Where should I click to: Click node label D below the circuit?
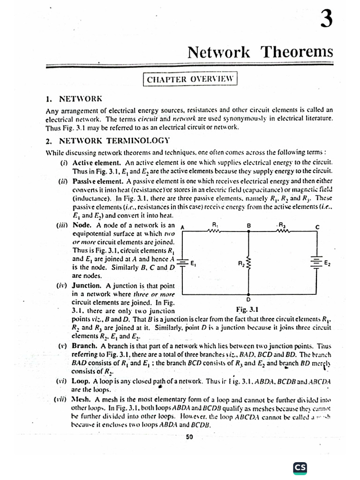click(248, 300)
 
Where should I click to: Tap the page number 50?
click(190, 437)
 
